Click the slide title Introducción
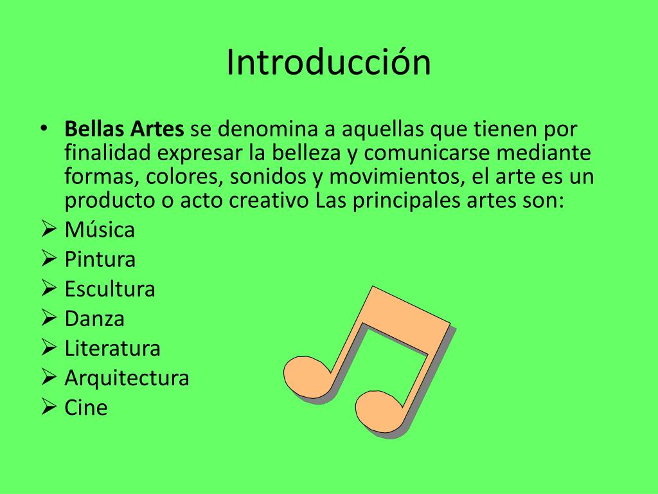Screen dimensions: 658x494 (x=328, y=62)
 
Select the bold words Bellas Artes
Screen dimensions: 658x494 (x=124, y=129)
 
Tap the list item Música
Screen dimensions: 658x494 (x=100, y=230)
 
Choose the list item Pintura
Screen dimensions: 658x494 (x=100, y=259)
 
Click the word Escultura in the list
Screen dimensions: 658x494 (x=110, y=289)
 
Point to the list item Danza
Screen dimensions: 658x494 (x=94, y=318)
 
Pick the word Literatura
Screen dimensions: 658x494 (x=112, y=348)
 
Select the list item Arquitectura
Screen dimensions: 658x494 (x=127, y=378)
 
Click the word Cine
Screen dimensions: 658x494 (x=86, y=407)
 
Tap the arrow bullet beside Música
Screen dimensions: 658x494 (x=49, y=229)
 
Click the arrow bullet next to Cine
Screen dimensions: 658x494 (x=49, y=407)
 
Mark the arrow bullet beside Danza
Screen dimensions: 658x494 (x=49, y=318)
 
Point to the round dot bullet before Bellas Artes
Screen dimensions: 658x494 (x=44, y=128)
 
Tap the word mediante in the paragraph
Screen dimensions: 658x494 (x=544, y=152)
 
